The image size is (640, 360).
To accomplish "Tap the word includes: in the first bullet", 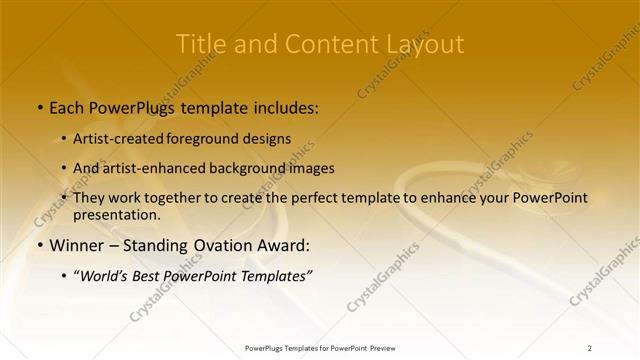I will (x=283, y=105).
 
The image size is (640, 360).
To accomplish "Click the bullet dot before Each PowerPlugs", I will (x=39, y=105).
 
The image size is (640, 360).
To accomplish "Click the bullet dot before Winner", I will (x=39, y=245).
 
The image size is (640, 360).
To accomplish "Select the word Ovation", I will (x=226, y=245).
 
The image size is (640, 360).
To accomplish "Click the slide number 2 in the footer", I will (x=590, y=347).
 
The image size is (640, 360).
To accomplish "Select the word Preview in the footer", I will (x=382, y=347).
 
